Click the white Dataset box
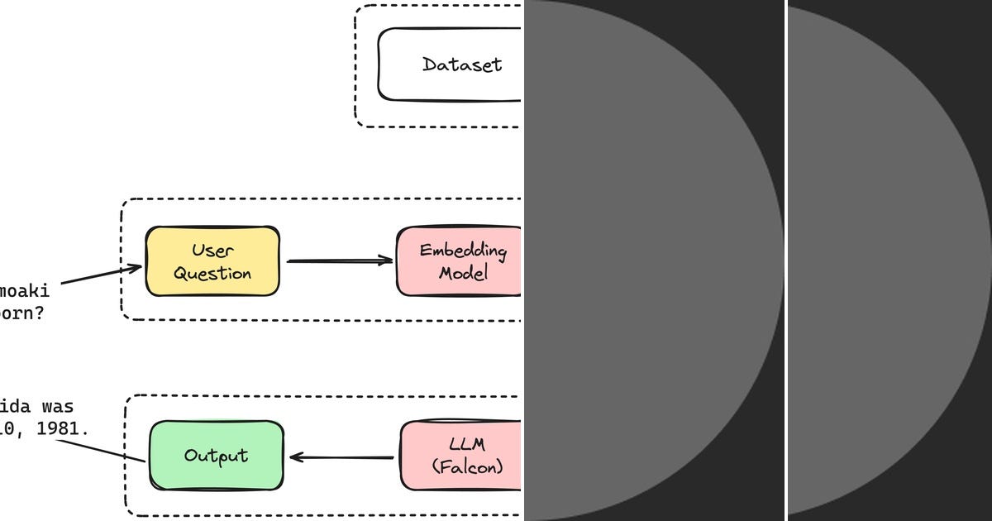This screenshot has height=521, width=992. pyautogui.click(x=451, y=65)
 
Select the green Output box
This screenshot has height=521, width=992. pyautogui.click(x=216, y=456)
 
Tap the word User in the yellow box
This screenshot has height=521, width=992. pyautogui.click(x=212, y=251)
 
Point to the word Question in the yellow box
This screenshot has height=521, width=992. pyautogui.click(x=212, y=274)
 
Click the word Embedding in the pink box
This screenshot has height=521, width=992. pyautogui.click(x=462, y=251)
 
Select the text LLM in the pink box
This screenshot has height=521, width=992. pyautogui.click(x=467, y=445)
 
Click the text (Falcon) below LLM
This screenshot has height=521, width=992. pyautogui.click(x=467, y=466)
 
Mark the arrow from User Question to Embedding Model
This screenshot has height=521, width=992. pyautogui.click(x=339, y=260)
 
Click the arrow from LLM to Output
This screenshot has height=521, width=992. pyautogui.click(x=341, y=456)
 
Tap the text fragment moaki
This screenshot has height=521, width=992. pyautogui.click(x=25, y=291)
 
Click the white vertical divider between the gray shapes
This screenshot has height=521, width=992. pyautogui.click(x=785, y=260)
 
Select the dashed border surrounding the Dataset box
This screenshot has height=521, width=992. pyautogui.click(x=356, y=66)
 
